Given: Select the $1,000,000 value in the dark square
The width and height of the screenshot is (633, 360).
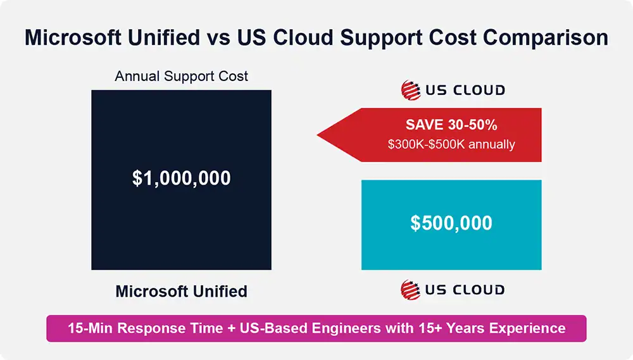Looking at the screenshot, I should [x=181, y=178].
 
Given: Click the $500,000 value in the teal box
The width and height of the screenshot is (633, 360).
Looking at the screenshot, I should [x=451, y=223].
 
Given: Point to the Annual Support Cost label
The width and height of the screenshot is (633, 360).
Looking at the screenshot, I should [x=181, y=77].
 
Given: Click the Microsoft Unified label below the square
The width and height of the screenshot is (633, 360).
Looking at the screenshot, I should [x=181, y=292].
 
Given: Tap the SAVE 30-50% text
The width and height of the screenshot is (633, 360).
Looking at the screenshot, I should [x=451, y=125].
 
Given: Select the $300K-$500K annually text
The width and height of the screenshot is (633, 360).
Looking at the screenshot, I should [x=451, y=144].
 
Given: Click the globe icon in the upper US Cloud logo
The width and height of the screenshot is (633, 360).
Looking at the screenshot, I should [x=411, y=90].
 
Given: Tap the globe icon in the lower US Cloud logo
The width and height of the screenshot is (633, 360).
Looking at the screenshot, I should [x=411, y=290].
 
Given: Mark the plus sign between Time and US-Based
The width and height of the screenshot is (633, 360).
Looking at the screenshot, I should [x=228, y=328].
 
